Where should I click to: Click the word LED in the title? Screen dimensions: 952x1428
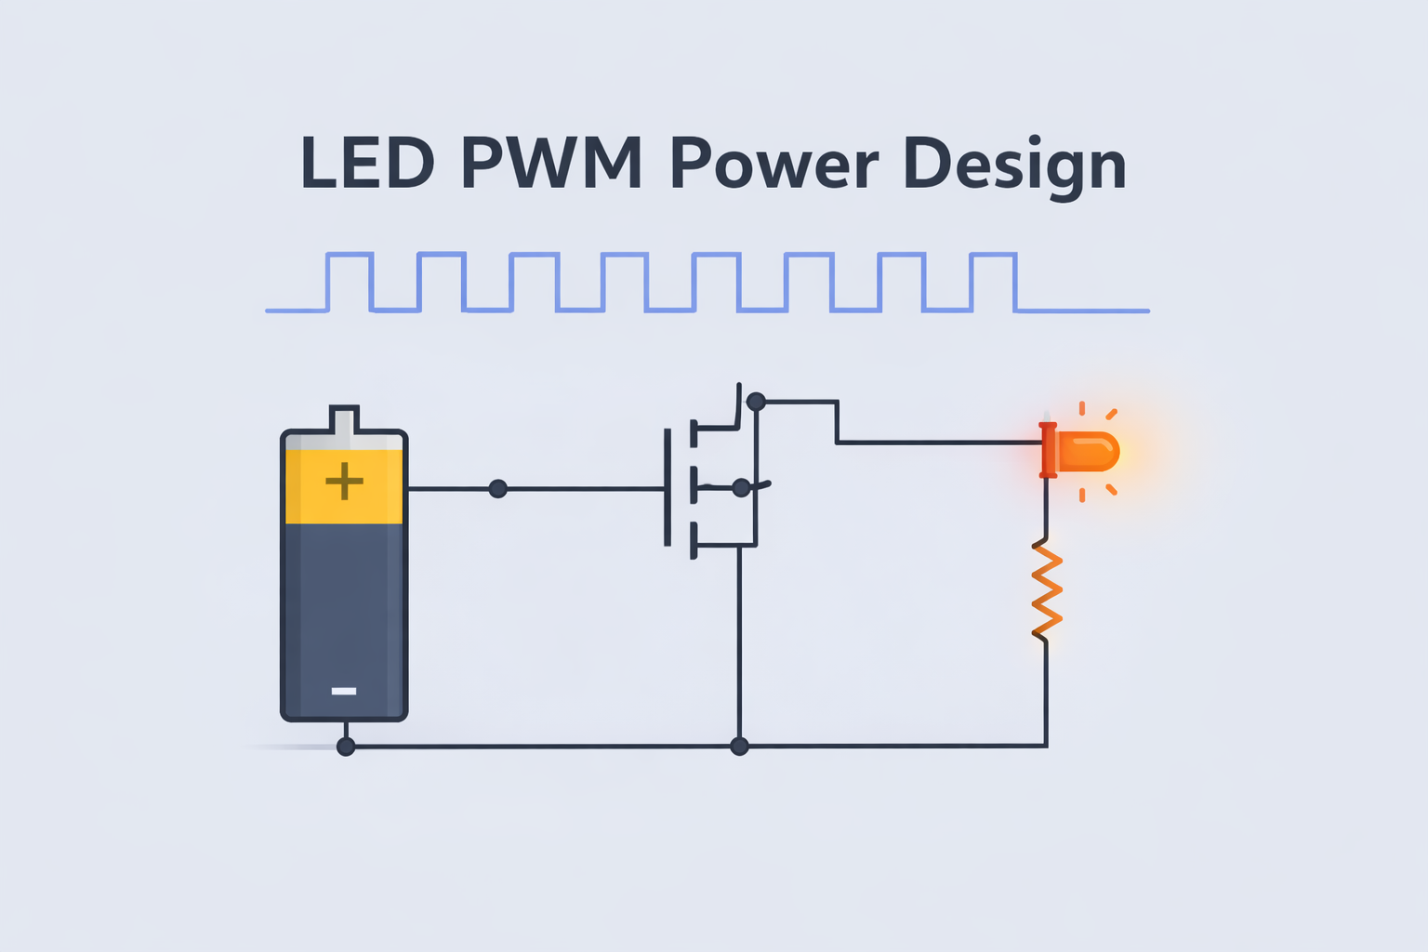click(x=368, y=164)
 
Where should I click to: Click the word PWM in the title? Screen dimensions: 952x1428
click(x=550, y=164)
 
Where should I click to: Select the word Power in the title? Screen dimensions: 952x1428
click(x=773, y=164)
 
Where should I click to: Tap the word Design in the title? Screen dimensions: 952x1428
click(x=1014, y=164)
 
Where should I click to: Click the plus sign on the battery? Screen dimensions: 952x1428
click(x=344, y=481)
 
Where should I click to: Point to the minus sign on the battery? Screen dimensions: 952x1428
click(x=344, y=691)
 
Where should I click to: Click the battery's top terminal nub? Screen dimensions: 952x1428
click(x=344, y=420)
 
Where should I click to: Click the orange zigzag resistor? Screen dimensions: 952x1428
click(x=1047, y=591)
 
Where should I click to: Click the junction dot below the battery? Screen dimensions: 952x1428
click(x=346, y=747)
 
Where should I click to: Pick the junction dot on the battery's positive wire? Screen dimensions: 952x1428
click(x=498, y=488)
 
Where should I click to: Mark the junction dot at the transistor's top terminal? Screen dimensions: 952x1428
click(x=756, y=402)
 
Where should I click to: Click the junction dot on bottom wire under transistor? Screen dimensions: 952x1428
click(x=739, y=746)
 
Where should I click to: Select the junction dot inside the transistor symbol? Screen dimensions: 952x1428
click(x=741, y=487)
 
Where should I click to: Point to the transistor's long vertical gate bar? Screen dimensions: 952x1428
click(x=668, y=487)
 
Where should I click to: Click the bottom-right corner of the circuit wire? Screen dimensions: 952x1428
click(x=1046, y=745)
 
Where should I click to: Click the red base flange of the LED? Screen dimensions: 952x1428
click(x=1048, y=450)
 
